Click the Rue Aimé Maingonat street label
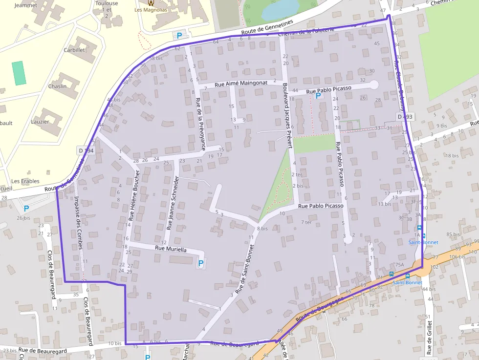coord(241,83)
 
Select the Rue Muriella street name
coord(171,249)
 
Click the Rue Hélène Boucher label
coord(134,195)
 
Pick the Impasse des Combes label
coord(78,222)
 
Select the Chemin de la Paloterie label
coord(305,32)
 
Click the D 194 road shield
coord(86,151)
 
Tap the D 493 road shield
coord(405,117)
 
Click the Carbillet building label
coord(74,50)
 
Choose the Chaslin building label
coord(57,86)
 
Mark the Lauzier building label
coord(40,122)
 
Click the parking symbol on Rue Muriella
coord(200,263)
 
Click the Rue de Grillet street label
coord(429,334)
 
